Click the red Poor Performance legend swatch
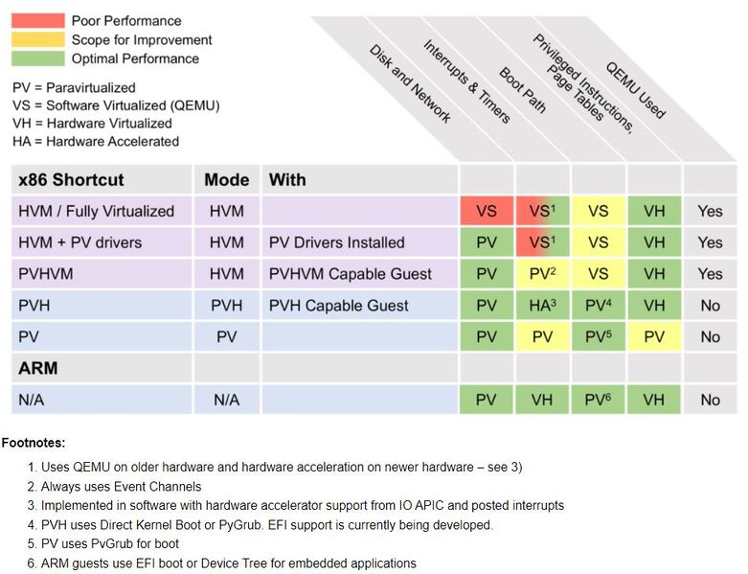coord(38,20)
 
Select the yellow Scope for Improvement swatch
coord(38,39)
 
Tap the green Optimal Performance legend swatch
coord(38,58)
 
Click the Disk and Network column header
coord(410,83)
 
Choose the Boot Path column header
coord(522,89)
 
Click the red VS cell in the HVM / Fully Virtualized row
coord(487,211)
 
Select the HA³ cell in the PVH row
coord(542,306)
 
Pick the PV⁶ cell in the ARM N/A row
coord(598,400)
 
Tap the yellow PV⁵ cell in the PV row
coord(598,337)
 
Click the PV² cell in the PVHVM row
coord(542,274)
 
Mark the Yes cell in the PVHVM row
coord(710,274)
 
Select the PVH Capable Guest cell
coord(338,306)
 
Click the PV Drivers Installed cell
coord(336,242)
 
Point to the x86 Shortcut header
coord(71,179)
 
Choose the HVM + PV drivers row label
coord(79,242)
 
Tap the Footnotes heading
coord(34,443)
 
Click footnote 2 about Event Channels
coord(121,487)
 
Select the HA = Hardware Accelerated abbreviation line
coord(96,141)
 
